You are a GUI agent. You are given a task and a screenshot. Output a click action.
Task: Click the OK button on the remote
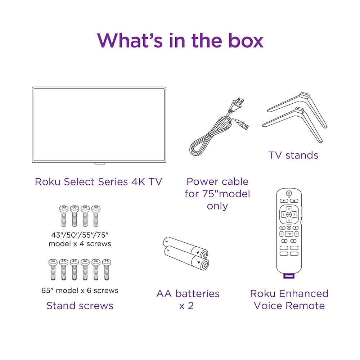tap(289, 215)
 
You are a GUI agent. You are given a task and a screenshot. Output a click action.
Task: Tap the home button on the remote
tap(294, 201)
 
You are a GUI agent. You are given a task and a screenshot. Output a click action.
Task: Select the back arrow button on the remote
tap(284, 201)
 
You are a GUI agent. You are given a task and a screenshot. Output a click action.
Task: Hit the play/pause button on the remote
tap(289, 234)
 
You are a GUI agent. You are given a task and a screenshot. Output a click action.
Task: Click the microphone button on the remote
tap(289, 228)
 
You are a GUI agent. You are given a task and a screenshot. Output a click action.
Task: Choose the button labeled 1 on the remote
tap(284, 241)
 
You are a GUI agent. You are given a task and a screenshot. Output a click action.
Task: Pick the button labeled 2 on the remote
tap(293, 241)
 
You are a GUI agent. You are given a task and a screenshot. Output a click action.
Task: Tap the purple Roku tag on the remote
tap(289, 276)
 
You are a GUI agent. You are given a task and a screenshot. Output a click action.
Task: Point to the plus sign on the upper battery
tap(198, 252)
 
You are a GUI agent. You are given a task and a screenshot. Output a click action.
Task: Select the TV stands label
tap(293, 155)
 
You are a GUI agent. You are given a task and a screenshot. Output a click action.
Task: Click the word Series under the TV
tap(113, 181)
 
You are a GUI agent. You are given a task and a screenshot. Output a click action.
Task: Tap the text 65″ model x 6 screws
tap(80, 291)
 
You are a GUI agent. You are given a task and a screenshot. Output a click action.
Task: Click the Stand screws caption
tap(80, 306)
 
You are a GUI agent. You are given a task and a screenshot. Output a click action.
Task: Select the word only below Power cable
tap(217, 206)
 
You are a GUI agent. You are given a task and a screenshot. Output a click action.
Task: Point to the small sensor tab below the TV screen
tap(100, 163)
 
